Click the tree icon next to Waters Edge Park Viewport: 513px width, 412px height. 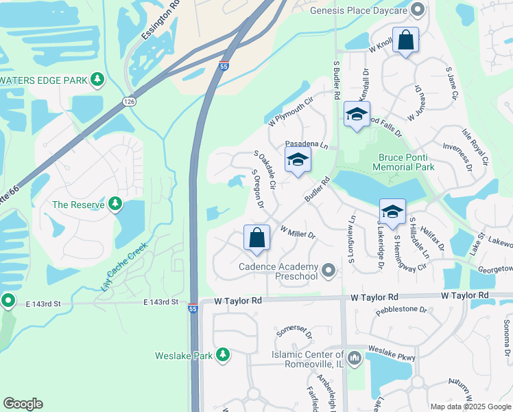coord(98,80)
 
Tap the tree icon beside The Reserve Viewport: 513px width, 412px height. coord(116,204)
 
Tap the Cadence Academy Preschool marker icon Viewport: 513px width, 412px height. coord(330,271)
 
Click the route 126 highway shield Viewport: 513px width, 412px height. coord(129,102)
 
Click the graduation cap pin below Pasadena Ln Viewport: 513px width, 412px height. coord(298,159)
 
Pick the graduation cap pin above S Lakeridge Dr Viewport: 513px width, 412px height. coord(392,211)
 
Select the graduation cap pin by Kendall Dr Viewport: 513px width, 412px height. coord(357,114)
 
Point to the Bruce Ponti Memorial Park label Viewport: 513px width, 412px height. coord(407,162)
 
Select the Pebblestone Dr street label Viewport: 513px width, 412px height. coord(401,310)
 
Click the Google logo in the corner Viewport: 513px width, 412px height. coord(23,404)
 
